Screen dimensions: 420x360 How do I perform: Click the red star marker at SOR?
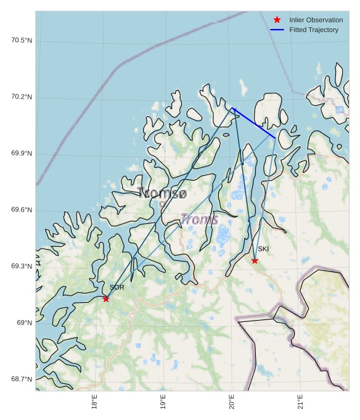pyautogui.click(x=106, y=299)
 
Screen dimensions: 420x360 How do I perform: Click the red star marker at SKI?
pyautogui.click(x=255, y=260)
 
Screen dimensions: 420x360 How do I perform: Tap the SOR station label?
pyautogui.click(x=117, y=287)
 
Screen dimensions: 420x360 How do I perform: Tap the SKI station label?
pyautogui.click(x=263, y=249)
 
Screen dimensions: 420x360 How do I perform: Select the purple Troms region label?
pyautogui.click(x=199, y=220)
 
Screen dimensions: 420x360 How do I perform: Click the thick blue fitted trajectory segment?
pyautogui.click(x=254, y=123)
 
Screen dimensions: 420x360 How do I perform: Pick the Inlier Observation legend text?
pyautogui.click(x=316, y=20)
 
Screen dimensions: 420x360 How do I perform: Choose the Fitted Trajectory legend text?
pyautogui.click(x=314, y=30)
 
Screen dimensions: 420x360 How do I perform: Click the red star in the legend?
pyautogui.click(x=277, y=20)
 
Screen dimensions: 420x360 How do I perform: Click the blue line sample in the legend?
pyautogui.click(x=277, y=30)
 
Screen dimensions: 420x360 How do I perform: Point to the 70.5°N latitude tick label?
pyautogui.click(x=22, y=41)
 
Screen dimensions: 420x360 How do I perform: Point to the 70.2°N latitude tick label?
pyautogui.click(x=22, y=97)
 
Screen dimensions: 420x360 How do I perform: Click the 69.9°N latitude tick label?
pyautogui.click(x=22, y=154)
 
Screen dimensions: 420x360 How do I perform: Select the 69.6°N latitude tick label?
pyautogui.click(x=22, y=210)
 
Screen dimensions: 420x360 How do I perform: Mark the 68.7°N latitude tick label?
pyautogui.click(x=22, y=379)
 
